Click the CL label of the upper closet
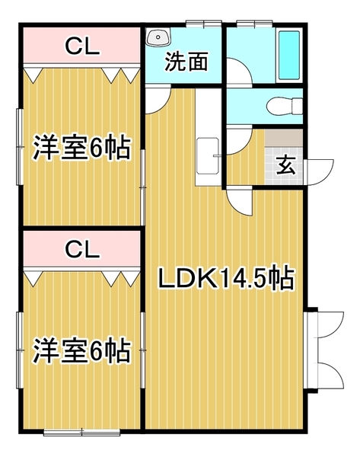[x=81, y=46]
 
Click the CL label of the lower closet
[x=81, y=248]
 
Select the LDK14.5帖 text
[x=225, y=279]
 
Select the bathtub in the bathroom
[x=290, y=55]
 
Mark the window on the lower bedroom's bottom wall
[x=81, y=433]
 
